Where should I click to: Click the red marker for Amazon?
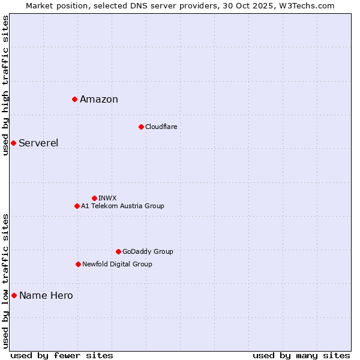[74, 99]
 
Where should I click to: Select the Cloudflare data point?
[141, 127]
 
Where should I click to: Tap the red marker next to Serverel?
[13, 143]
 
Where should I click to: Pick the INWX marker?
[94, 198]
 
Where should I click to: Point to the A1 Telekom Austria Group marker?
[77, 206]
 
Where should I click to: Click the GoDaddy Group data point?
[118, 251]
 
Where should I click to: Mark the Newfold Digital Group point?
[78, 264]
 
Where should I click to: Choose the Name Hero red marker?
[14, 295]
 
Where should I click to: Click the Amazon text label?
[99, 100]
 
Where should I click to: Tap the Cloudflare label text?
[161, 127]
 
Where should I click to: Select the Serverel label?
[38, 143]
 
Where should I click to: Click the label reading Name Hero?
[46, 295]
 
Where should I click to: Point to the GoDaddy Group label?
[148, 251]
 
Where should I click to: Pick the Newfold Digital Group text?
[117, 264]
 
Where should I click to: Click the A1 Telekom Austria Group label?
[122, 206]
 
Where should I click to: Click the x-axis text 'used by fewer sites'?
[62, 355]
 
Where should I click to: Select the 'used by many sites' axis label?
[301, 355]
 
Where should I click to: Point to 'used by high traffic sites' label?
[5, 85]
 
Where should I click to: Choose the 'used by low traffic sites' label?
[5, 281]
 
